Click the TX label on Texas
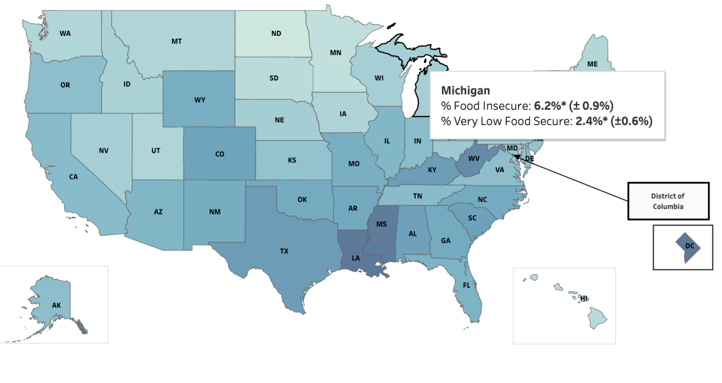pos(284,251)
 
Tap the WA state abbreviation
pos(65,34)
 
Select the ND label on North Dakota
pos(276,34)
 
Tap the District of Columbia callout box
pos(668,201)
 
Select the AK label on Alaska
pos(57,305)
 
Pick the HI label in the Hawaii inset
pos(584,298)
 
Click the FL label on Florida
pos(466,285)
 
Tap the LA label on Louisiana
pos(356,258)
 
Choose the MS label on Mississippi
pos(381,225)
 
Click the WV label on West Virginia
pos(474,158)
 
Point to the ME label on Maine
pos(592,64)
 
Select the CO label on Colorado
pos(219,154)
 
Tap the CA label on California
pos(73,177)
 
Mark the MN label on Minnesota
pos(335,53)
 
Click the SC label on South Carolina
pos(472,217)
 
